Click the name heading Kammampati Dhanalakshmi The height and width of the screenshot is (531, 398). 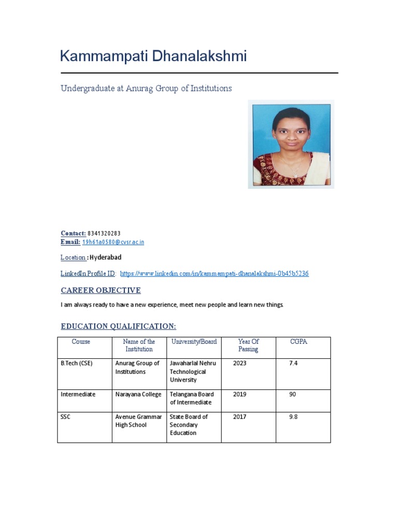153,56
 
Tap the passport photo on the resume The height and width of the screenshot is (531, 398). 291,145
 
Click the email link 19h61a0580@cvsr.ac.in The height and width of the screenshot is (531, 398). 113,242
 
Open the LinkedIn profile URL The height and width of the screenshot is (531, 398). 214,273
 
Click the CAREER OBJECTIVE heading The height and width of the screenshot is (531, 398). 101,290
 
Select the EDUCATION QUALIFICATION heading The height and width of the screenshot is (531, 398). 118,326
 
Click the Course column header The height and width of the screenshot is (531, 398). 81,342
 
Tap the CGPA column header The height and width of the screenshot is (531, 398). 299,342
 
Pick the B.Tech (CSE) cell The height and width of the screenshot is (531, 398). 77,364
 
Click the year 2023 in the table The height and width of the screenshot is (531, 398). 240,364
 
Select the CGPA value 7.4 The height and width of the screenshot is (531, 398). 293,364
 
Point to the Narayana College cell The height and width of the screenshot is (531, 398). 138,395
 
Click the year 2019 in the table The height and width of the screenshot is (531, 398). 240,395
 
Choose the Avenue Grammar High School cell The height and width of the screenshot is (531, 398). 138,421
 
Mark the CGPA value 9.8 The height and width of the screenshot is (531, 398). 293,417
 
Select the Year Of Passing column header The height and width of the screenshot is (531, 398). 248,345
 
